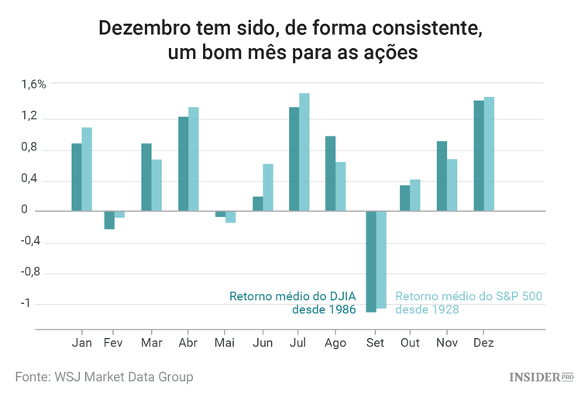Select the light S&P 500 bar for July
(x=304, y=152)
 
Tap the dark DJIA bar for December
(x=479, y=155)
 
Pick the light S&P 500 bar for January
(x=87, y=169)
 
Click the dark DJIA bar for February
(x=109, y=220)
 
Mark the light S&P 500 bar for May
(x=231, y=217)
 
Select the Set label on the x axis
(x=375, y=342)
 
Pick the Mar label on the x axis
(x=151, y=342)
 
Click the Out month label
(x=410, y=342)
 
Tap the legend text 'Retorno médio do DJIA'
(x=292, y=296)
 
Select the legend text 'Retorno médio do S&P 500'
(x=469, y=296)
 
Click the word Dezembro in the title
(x=147, y=29)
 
